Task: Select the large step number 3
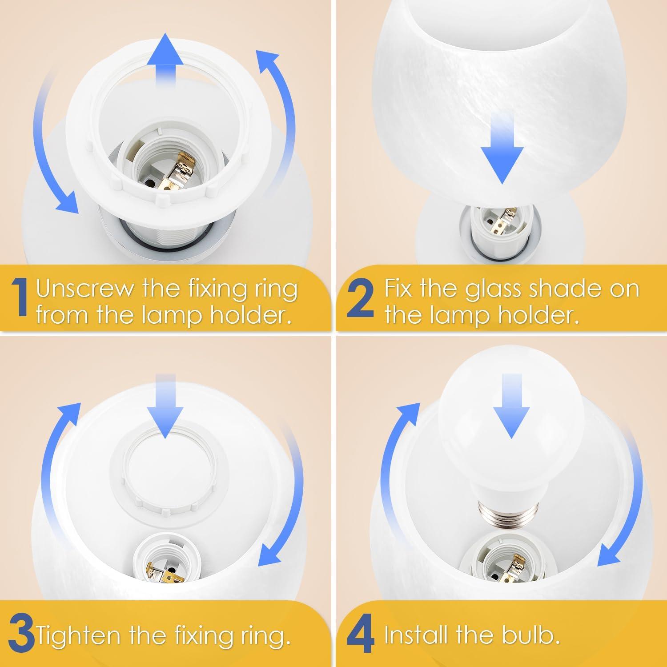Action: coord(21,637)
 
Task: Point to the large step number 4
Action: coord(361,637)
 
